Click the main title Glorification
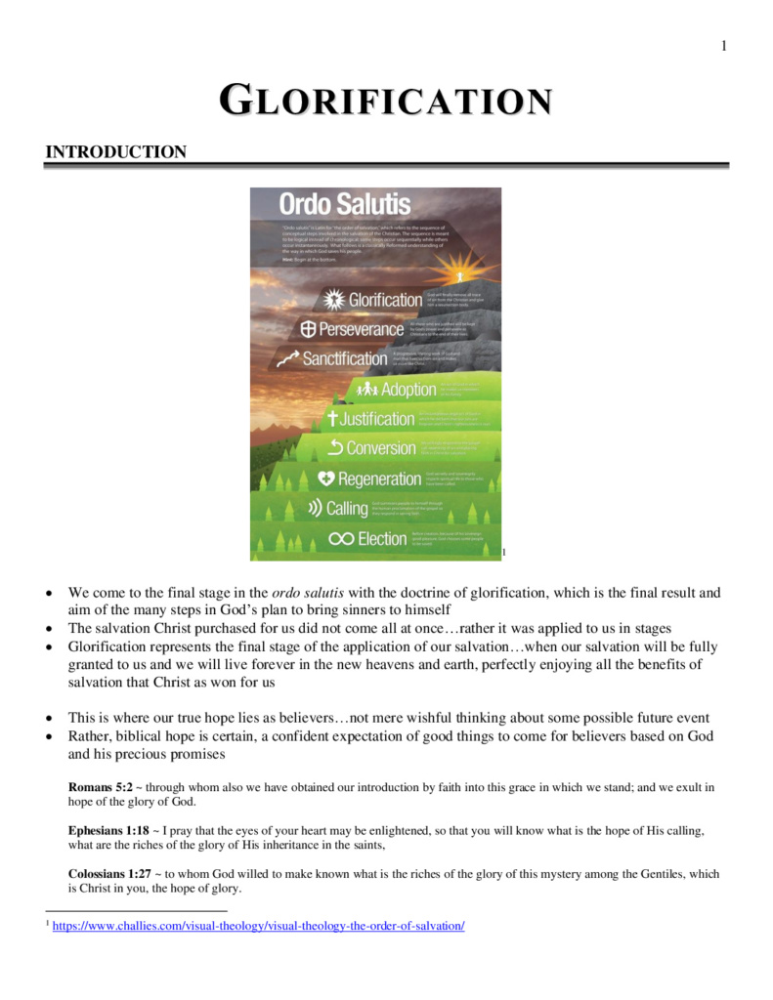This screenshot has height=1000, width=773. pyautogui.click(x=386, y=101)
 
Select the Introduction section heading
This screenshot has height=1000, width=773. pyautogui.click(x=116, y=151)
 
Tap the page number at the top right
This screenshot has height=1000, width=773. pyautogui.click(x=724, y=46)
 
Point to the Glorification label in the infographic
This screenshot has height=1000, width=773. pyautogui.click(x=385, y=300)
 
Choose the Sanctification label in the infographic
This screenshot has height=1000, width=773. pyautogui.click(x=345, y=358)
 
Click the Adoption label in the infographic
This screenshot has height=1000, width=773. pyautogui.click(x=408, y=390)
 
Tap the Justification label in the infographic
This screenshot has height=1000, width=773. pyautogui.click(x=377, y=419)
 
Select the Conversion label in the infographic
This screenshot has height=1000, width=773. pyautogui.click(x=381, y=448)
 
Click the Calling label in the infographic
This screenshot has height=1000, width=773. pyautogui.click(x=347, y=508)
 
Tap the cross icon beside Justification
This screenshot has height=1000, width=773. pyautogui.click(x=331, y=419)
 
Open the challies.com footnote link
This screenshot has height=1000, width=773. pyautogui.click(x=258, y=926)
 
